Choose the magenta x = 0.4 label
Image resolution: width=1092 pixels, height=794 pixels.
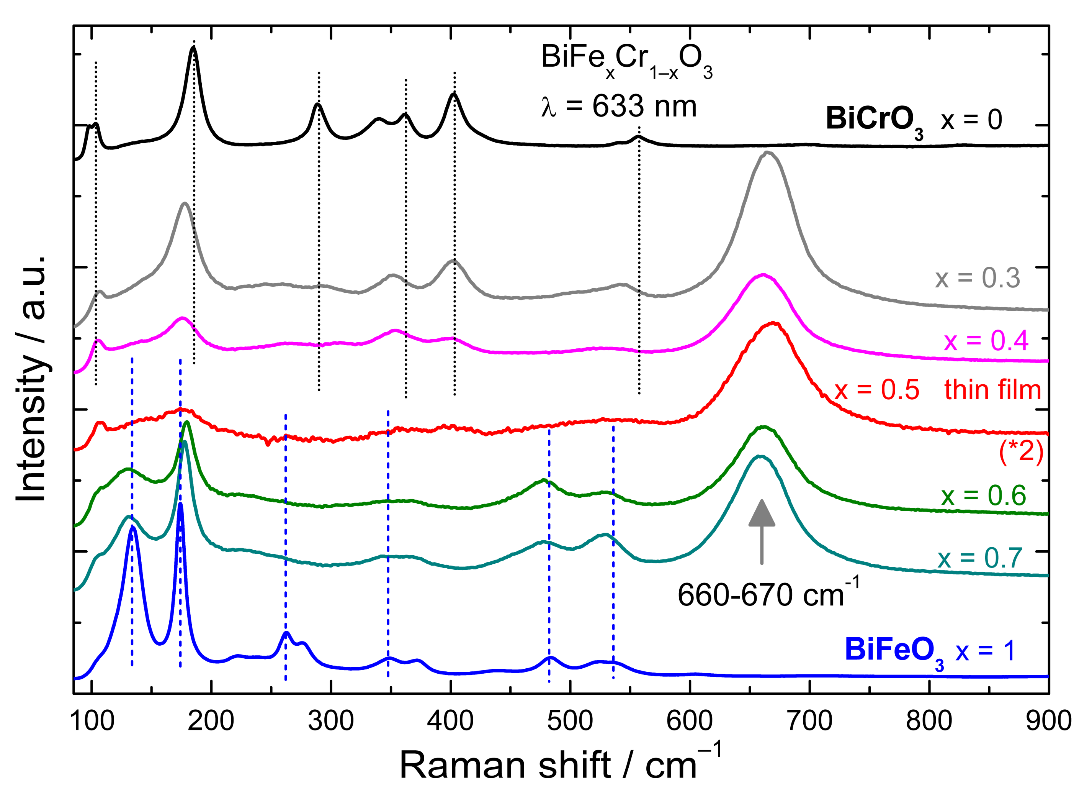[x=986, y=341]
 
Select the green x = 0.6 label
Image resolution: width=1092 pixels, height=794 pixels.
[x=983, y=495]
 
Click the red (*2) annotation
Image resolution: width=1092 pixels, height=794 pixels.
[x=1021, y=453]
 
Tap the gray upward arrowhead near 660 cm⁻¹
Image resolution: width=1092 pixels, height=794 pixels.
[x=762, y=513]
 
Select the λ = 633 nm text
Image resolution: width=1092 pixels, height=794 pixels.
[x=619, y=107]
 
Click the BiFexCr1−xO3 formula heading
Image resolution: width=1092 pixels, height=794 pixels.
[x=626, y=60]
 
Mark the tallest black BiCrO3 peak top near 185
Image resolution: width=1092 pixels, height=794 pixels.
[x=194, y=47]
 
